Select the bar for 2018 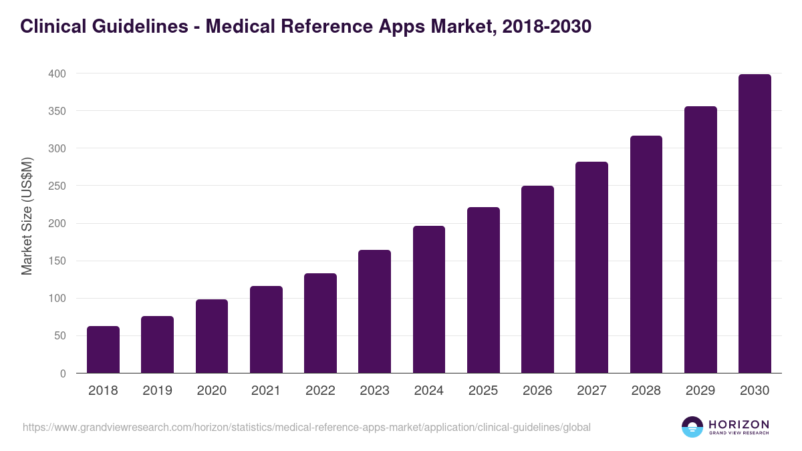103,349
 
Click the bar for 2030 755,224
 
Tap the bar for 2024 428,299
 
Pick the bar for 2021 266,329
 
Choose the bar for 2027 591,267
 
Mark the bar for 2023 374,311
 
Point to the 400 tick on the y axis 57,73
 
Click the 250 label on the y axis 57,186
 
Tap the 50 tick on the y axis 59,336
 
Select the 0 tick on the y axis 63,373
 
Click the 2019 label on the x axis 157,391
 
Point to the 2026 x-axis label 537,391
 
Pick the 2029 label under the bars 700,391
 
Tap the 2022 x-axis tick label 320,391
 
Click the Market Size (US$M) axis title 27,216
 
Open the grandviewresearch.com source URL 307,427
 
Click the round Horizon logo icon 692,427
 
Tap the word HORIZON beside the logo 739,424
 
